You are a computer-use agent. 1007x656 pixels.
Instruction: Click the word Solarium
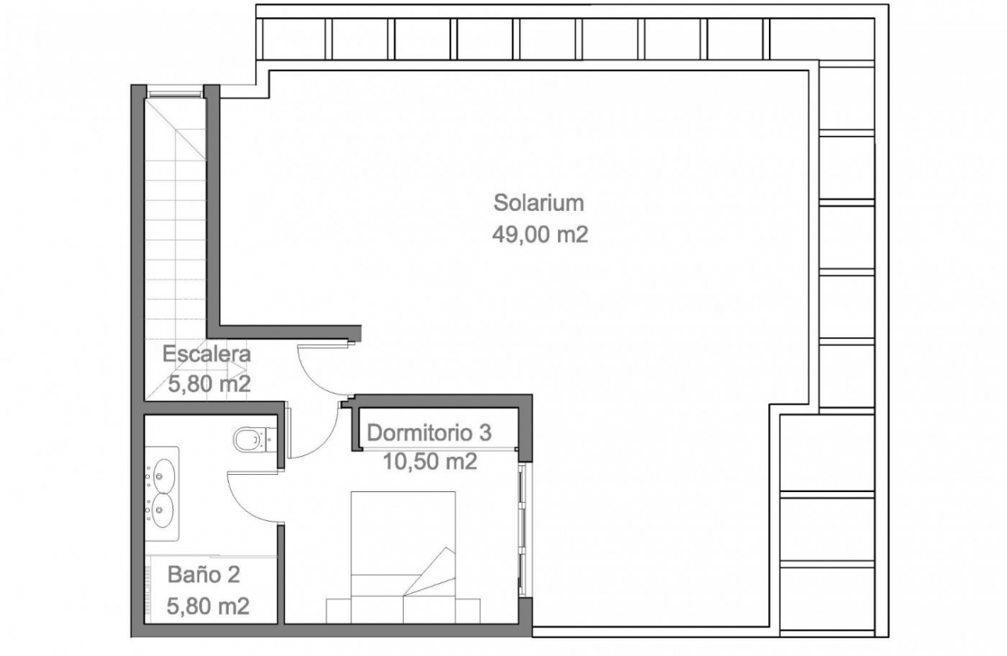pyautogui.click(x=539, y=203)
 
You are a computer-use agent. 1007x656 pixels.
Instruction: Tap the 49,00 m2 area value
pyautogui.click(x=540, y=235)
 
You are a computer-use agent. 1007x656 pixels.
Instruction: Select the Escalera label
pyautogui.click(x=206, y=354)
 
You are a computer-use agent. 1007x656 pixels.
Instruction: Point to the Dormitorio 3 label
pyautogui.click(x=429, y=433)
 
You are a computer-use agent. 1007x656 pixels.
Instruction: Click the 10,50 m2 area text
pyautogui.click(x=430, y=462)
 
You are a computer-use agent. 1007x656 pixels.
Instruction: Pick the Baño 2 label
pyautogui.click(x=204, y=575)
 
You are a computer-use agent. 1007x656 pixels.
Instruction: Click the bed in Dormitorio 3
pyautogui.click(x=403, y=557)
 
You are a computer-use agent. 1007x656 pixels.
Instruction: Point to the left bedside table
pyautogui.click(x=338, y=611)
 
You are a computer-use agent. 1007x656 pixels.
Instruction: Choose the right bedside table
pyautogui.click(x=468, y=611)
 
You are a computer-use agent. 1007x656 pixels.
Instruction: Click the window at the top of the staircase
pyautogui.click(x=176, y=94)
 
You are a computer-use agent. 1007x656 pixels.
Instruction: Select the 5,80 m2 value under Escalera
pyautogui.click(x=209, y=384)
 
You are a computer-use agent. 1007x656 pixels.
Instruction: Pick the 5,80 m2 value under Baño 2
pyautogui.click(x=208, y=606)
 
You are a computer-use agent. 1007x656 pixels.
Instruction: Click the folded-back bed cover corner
pyautogui.click(x=430, y=572)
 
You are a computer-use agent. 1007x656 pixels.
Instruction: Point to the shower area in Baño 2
pyautogui.click(x=211, y=590)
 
